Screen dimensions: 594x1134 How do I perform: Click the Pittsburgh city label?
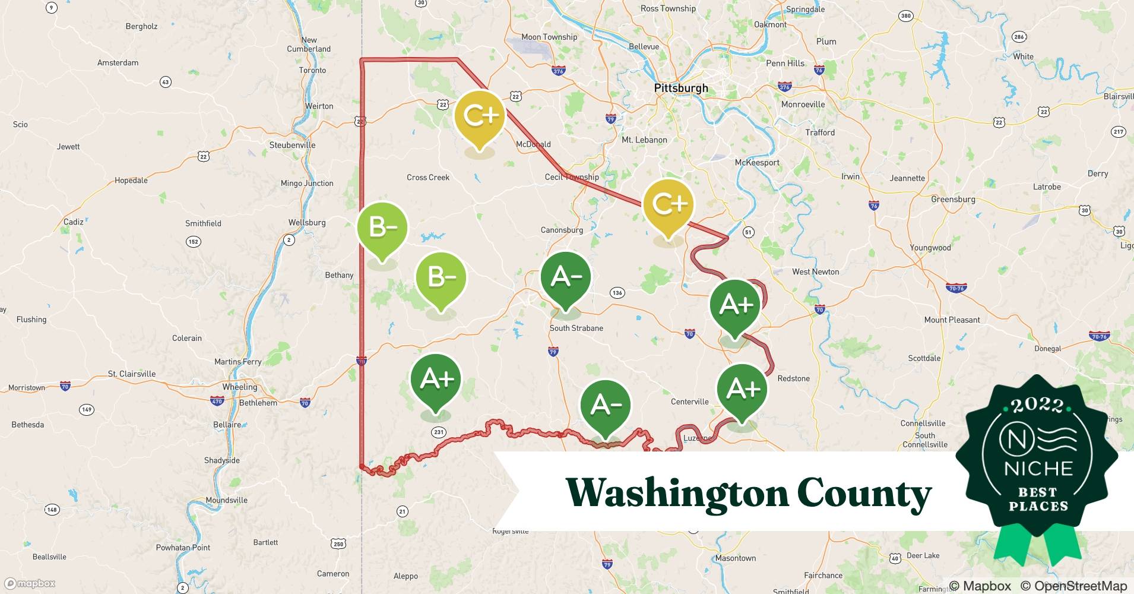pyautogui.click(x=680, y=89)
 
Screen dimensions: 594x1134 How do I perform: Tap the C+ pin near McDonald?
pyautogui.click(x=479, y=117)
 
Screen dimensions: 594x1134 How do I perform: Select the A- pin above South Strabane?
pyautogui.click(x=565, y=277)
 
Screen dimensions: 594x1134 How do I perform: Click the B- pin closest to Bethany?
pyautogui.click(x=382, y=228)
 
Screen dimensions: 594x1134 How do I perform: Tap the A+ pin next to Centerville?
pyautogui.click(x=742, y=390)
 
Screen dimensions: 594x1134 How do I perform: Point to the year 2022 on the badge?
pyautogui.click(x=1037, y=405)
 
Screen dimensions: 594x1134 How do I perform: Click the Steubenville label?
pyautogui.click(x=292, y=145)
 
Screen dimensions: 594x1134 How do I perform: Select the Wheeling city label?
pyautogui.click(x=240, y=387)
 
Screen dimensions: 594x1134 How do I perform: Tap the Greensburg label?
pyautogui.click(x=953, y=199)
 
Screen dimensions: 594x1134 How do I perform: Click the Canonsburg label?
pyautogui.click(x=562, y=230)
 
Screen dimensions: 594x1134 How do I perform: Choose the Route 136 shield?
pyautogui.click(x=617, y=292)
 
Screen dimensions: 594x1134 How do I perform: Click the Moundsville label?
pyautogui.click(x=226, y=500)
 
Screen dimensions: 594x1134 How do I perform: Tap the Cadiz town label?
pyautogui.click(x=73, y=222)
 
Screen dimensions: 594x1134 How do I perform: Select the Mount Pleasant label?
pyautogui.click(x=952, y=320)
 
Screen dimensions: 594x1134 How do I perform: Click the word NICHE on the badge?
pyautogui.click(x=1038, y=469)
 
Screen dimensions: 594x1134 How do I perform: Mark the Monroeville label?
pyautogui.click(x=803, y=104)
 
